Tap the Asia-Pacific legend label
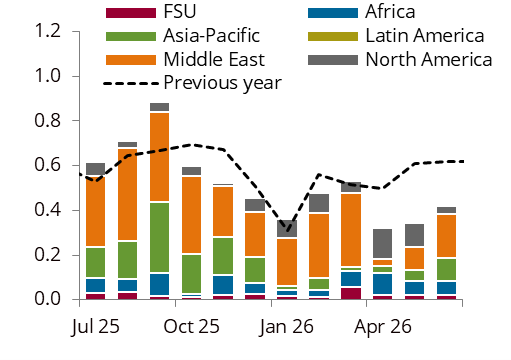(211, 37)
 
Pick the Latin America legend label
(425, 37)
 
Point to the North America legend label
(429, 59)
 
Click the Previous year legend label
(221, 82)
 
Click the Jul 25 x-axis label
(96, 326)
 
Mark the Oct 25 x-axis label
(191, 326)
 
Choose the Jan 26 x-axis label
(287, 326)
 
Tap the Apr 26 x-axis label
(383, 326)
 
